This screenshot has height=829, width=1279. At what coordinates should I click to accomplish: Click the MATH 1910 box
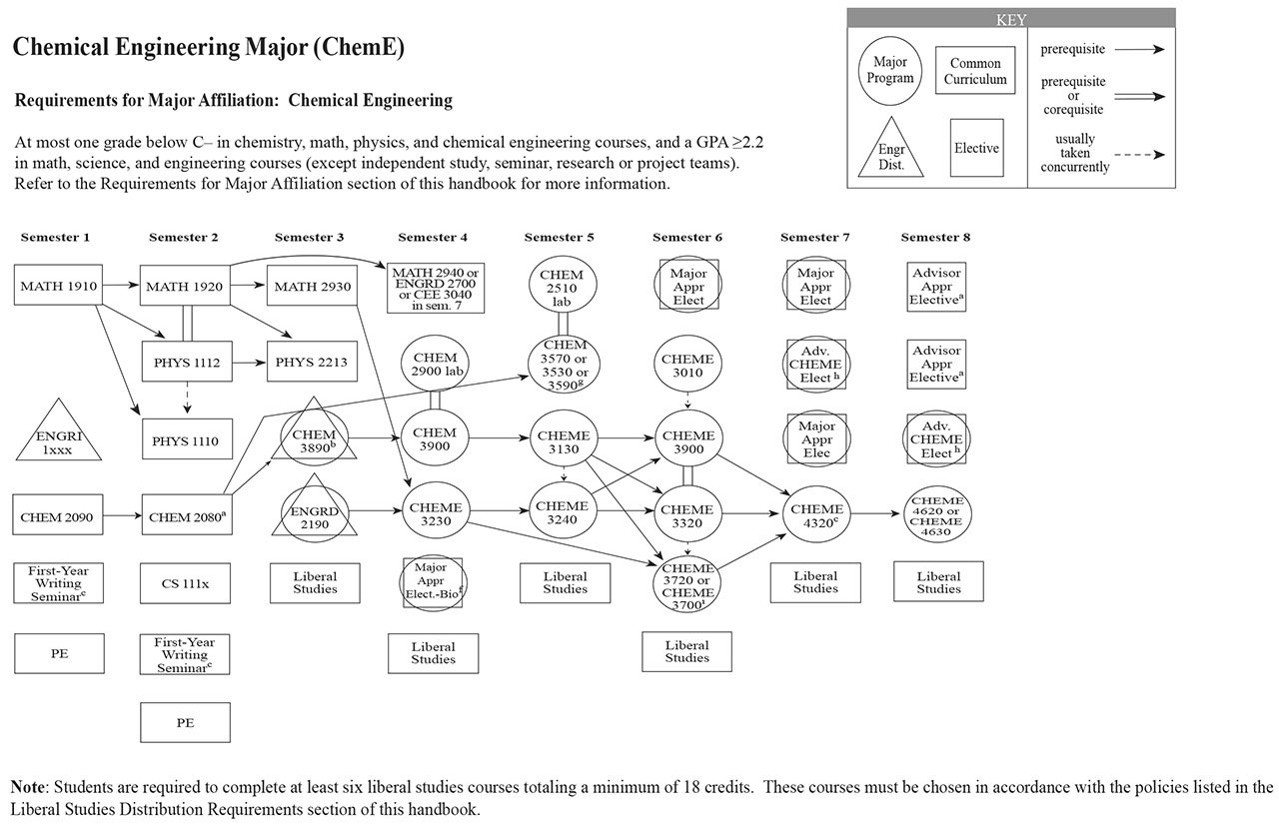(x=56, y=286)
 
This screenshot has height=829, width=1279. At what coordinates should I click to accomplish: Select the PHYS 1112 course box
(x=185, y=362)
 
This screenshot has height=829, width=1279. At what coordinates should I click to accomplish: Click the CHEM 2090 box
(x=56, y=516)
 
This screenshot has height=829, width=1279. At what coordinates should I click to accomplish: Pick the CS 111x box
(x=185, y=582)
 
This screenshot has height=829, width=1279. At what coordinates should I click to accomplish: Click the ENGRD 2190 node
(x=315, y=517)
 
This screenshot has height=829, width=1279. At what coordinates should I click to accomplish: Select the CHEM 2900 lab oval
(x=433, y=364)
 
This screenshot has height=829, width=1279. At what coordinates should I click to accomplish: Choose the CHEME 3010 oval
(x=687, y=366)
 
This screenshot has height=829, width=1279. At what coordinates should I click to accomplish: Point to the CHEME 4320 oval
(x=817, y=515)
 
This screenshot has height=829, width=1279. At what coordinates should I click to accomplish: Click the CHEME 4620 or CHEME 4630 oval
(x=937, y=515)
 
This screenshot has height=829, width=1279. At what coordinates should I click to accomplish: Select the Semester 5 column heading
(x=559, y=238)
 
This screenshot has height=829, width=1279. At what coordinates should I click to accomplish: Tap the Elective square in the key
(x=976, y=148)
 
